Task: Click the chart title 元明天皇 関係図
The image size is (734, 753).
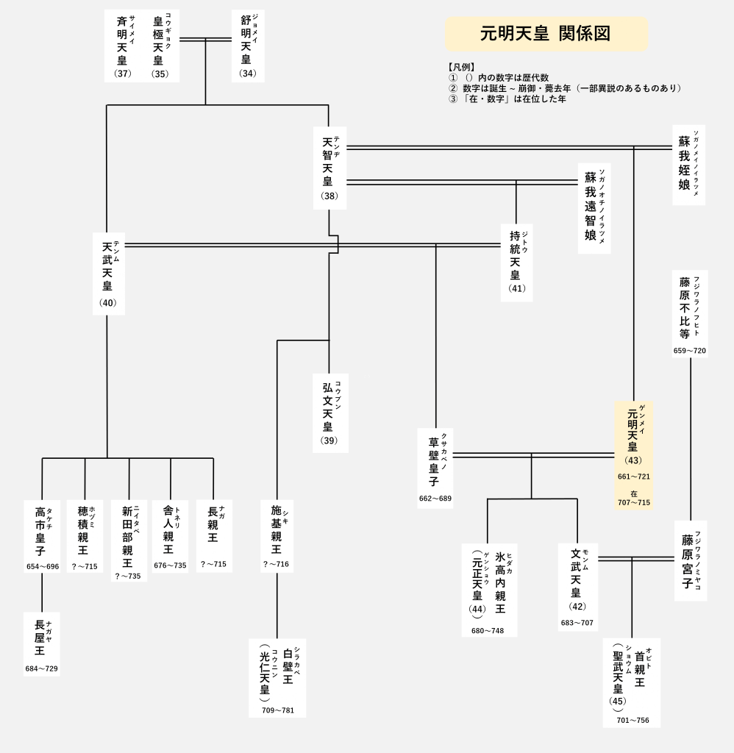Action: [546, 34]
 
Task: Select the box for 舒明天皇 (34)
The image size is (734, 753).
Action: [248, 46]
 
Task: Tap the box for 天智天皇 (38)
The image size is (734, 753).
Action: [329, 168]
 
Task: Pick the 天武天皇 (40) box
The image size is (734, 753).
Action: [109, 274]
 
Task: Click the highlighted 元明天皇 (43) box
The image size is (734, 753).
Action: [633, 454]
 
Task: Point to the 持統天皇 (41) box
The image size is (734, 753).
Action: [517, 263]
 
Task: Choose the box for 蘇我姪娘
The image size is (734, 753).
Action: [689, 165]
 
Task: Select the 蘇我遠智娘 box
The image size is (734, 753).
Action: [594, 208]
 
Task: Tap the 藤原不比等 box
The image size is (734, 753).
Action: [691, 313]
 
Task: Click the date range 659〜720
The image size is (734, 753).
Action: [690, 351]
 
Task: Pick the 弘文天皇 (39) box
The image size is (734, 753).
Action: [330, 413]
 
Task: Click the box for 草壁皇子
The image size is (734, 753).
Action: [435, 468]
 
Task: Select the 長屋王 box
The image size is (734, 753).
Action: [42, 644]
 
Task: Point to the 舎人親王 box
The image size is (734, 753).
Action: [170, 536]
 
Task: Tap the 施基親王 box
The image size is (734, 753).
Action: [277, 536]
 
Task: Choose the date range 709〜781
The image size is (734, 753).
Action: [278, 710]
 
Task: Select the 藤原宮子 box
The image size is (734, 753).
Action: [691, 561]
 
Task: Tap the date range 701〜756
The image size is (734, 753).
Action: [633, 721]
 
